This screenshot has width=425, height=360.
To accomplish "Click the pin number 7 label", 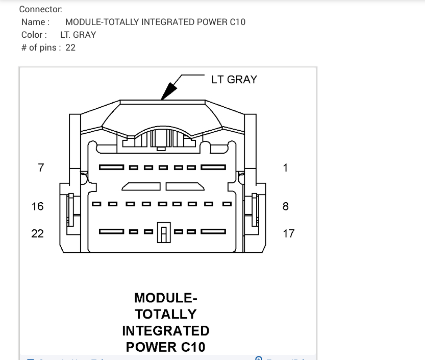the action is [41, 167].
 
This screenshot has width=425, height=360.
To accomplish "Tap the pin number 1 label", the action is [286, 167].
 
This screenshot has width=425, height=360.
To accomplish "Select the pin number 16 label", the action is [38, 206].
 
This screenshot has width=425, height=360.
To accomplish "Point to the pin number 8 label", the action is [286, 206].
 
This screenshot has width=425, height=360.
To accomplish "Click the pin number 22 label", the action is [38, 233].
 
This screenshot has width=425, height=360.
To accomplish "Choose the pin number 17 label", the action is [289, 233].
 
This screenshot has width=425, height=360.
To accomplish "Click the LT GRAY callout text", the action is [234, 80].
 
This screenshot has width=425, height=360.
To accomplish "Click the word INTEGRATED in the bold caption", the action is [166, 331].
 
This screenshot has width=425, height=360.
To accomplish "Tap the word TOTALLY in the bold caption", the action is [166, 314].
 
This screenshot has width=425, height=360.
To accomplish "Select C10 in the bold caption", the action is [193, 347].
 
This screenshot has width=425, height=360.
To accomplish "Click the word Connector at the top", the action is [41, 10].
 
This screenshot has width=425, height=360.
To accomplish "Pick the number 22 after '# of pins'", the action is [70, 48].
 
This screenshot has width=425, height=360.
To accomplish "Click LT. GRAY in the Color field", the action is [78, 35].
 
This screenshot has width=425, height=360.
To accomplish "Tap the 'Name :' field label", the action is [36, 22].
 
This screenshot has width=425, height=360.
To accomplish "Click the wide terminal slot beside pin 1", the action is [213, 167].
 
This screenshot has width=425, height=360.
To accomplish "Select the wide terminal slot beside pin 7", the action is [111, 167].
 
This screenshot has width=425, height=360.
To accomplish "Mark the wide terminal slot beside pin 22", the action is [111, 232].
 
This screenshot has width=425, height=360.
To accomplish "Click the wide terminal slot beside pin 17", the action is [213, 232].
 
